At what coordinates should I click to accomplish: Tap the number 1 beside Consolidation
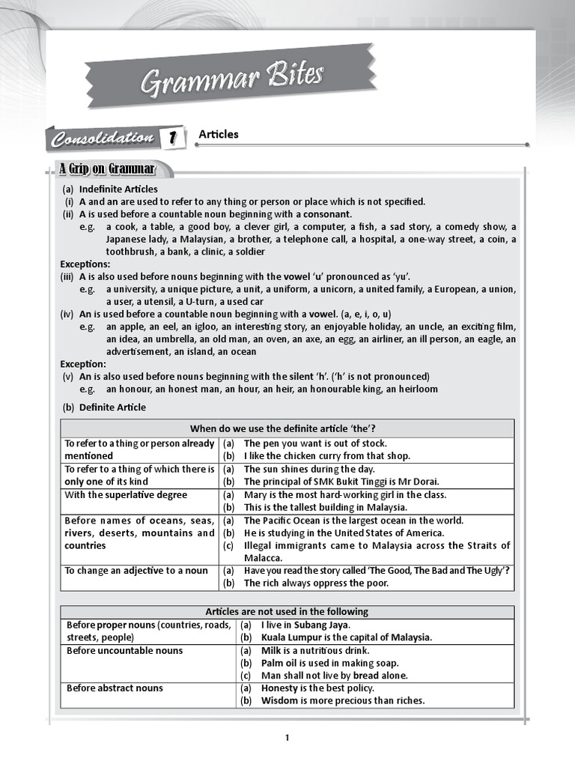click(173, 138)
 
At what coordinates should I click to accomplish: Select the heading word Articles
click(219, 135)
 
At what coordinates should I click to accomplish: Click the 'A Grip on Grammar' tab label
click(107, 169)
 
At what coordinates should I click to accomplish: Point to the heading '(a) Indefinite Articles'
click(110, 190)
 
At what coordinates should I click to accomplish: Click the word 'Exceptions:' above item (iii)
click(85, 264)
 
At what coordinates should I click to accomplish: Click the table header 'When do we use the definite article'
click(287, 428)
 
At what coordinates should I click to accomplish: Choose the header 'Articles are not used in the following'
click(287, 612)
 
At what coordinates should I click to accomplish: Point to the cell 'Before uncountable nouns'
click(124, 651)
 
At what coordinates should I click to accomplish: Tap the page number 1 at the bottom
click(287, 738)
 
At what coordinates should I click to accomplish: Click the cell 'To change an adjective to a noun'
click(136, 571)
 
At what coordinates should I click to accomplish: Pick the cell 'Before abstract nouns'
click(115, 688)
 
